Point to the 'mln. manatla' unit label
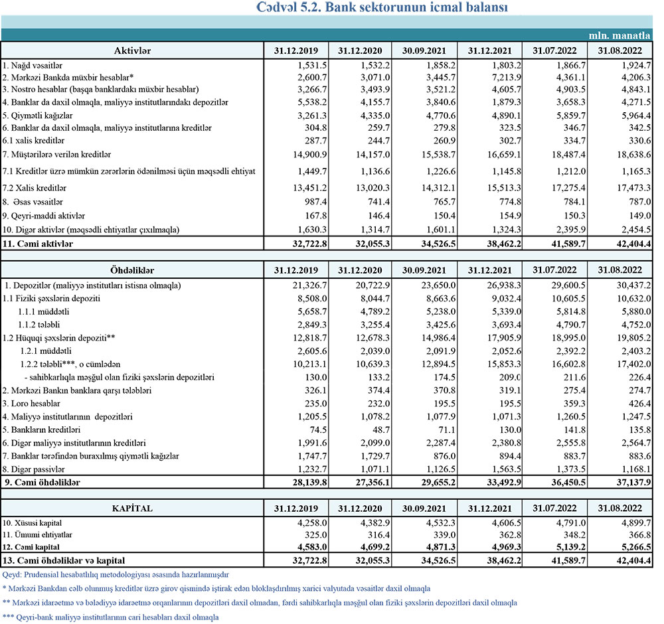tap(620, 35)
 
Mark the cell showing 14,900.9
tap(303, 155)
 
